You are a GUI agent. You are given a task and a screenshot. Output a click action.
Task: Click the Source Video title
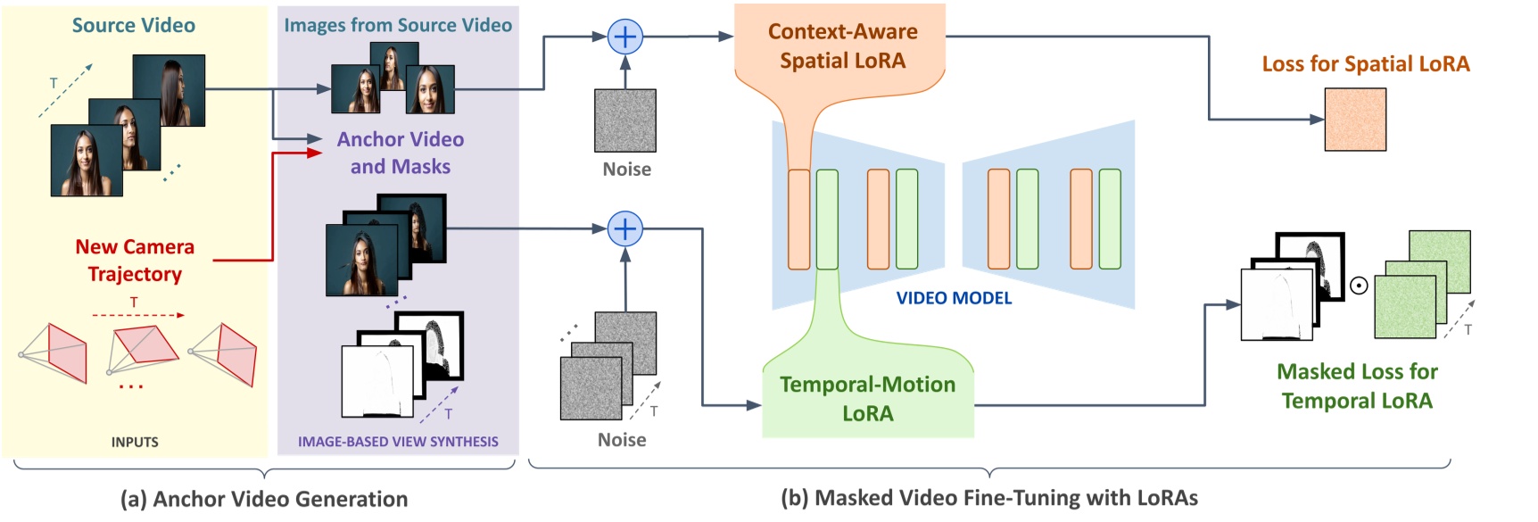point(134,25)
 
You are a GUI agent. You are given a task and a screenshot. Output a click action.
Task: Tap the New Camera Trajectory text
point(135,260)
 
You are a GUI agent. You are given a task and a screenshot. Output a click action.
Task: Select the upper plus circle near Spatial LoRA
point(624,37)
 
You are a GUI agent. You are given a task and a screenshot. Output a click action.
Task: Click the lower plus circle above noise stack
point(624,229)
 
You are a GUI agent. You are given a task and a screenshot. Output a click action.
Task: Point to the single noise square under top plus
point(625,120)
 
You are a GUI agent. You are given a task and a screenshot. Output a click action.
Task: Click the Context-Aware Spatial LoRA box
point(842,46)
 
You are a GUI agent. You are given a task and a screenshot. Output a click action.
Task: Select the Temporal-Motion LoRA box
point(867,398)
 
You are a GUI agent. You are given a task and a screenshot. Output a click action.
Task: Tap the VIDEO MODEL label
point(954,298)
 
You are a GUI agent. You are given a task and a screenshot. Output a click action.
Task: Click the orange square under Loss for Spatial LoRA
point(1354,120)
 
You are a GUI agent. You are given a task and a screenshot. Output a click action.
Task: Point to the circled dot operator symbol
point(1359,286)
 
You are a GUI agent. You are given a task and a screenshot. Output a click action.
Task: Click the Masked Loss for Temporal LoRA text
point(1357,385)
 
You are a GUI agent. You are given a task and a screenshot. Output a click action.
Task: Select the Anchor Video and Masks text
point(400,153)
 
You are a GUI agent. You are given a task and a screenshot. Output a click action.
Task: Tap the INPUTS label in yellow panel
point(135,442)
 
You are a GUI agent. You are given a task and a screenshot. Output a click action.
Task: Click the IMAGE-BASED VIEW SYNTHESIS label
point(398,442)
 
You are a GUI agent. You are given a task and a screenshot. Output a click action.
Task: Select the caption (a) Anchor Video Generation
point(264,499)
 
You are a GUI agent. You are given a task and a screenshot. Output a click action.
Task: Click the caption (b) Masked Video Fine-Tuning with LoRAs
point(988,498)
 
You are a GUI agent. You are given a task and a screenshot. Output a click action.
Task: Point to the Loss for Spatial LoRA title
point(1365,64)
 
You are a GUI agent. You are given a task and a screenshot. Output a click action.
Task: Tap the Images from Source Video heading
point(398,25)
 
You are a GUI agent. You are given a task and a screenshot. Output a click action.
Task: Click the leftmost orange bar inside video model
point(798,220)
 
